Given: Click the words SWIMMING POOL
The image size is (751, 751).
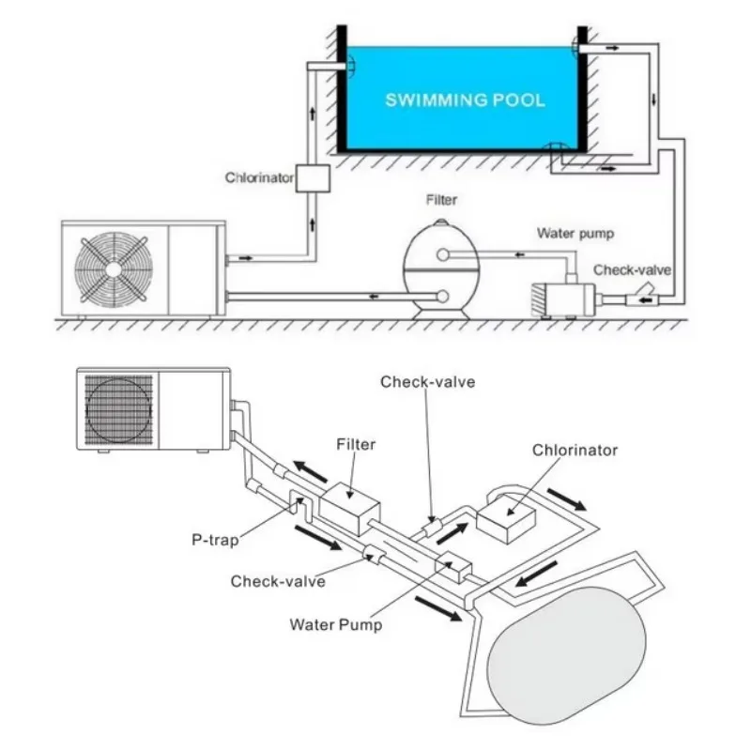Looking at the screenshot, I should point(465,100).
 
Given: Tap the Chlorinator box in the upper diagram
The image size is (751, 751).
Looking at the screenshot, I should point(310,177).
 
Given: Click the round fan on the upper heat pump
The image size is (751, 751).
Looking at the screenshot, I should point(114,268).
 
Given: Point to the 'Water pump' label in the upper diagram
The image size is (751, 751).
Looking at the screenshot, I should point(575,234).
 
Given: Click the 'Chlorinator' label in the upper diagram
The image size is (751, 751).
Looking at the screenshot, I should point(259,176).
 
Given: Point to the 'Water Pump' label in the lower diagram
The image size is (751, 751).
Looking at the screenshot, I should point(336,623).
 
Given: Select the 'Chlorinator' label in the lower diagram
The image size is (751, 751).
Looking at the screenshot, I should point(575,451).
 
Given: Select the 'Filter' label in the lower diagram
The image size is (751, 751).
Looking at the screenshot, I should point(355,444).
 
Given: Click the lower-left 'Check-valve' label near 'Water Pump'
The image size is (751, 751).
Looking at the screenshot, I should point(278,581).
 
